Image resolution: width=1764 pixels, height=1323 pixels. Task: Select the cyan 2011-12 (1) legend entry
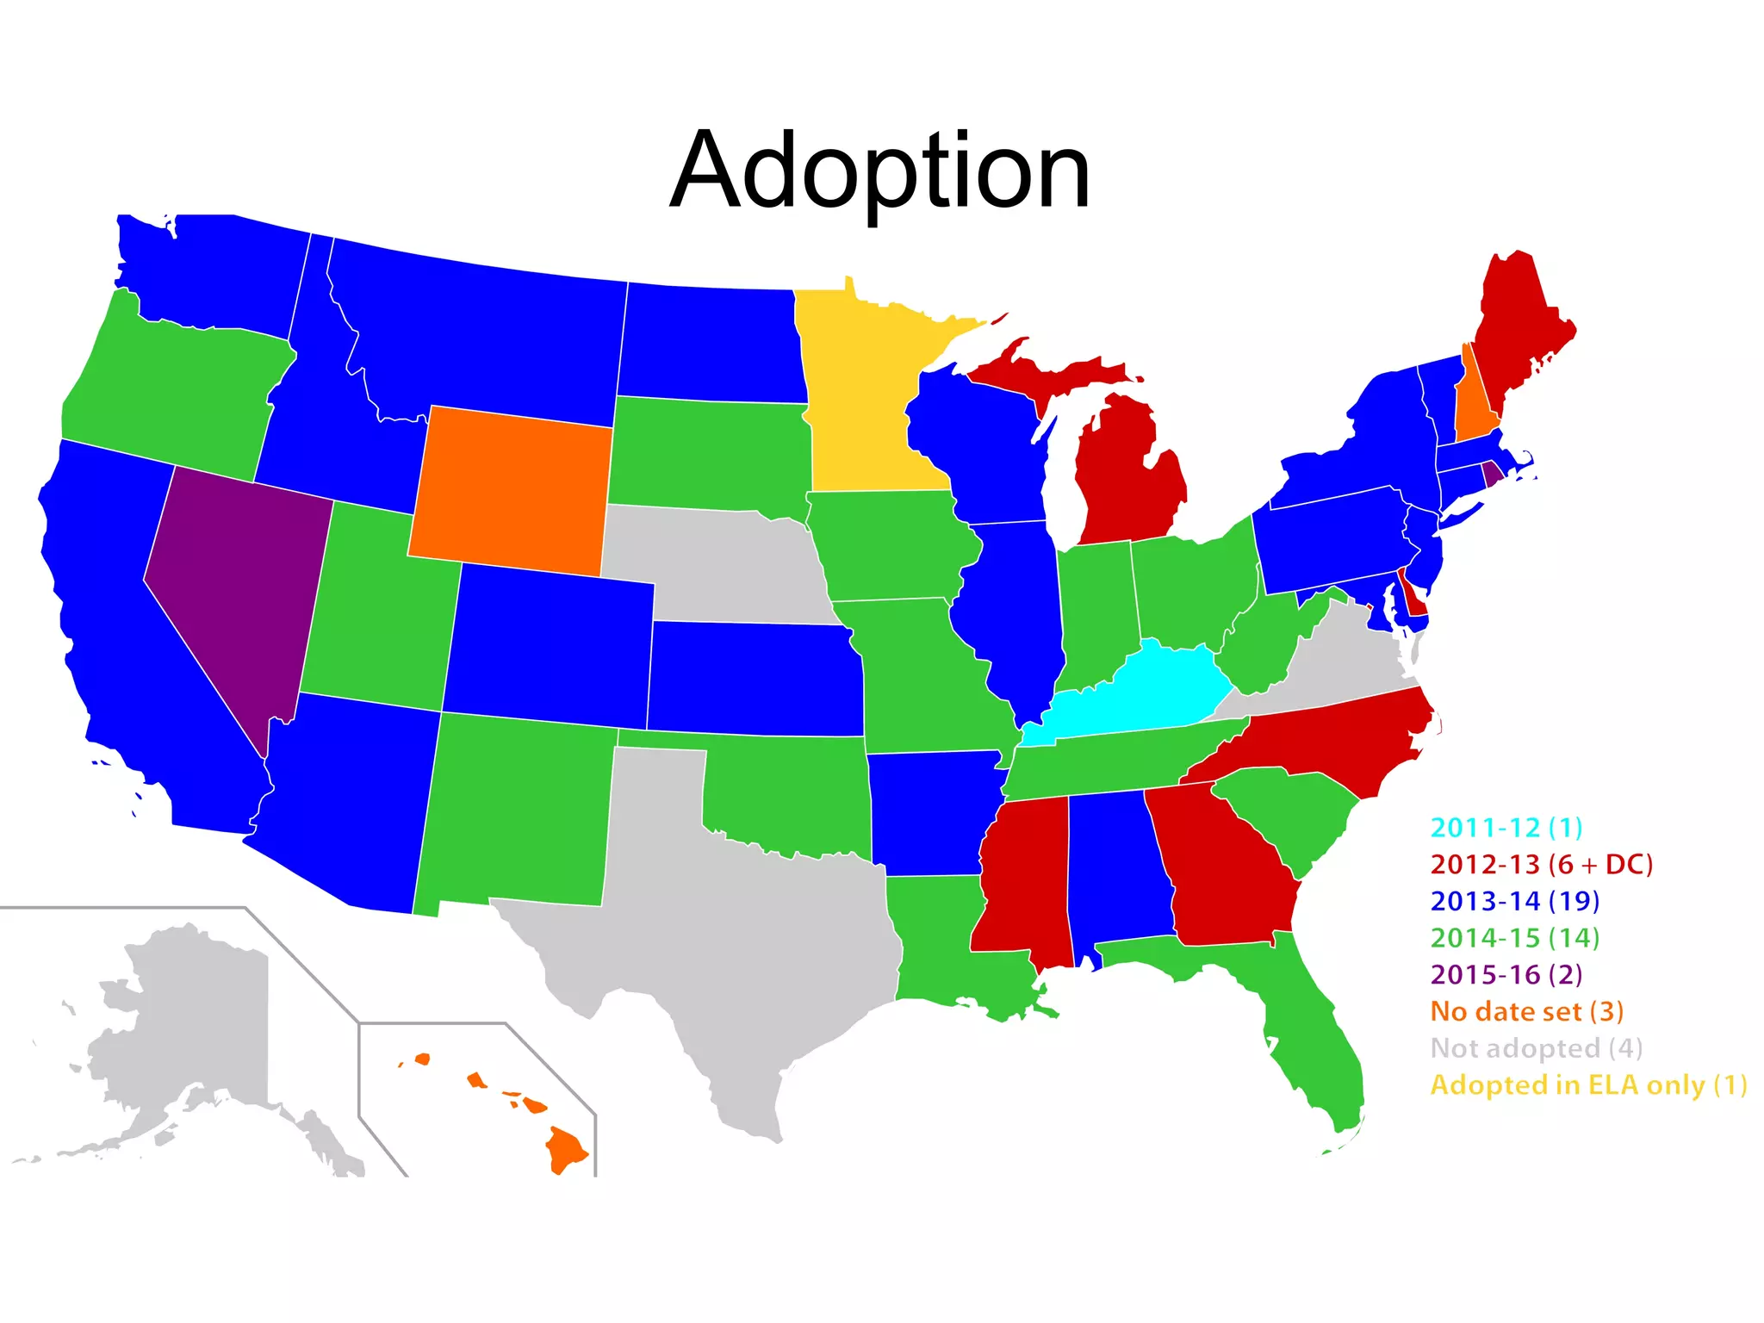(x=1506, y=828)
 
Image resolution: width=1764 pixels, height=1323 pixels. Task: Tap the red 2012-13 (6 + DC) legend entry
(x=1541, y=864)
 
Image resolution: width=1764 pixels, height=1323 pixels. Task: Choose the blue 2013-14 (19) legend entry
(x=1514, y=901)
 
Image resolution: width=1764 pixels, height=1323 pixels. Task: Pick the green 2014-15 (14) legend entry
(x=1514, y=937)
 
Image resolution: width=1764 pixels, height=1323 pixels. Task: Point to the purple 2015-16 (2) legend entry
(x=1506, y=974)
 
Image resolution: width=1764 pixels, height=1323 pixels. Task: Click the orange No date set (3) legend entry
(x=1526, y=1011)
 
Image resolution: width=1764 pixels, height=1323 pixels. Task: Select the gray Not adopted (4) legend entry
(x=1536, y=1048)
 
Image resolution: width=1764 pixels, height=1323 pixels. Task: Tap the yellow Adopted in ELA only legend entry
(x=1588, y=1085)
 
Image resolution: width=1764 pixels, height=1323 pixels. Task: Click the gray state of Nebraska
(x=715, y=560)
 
